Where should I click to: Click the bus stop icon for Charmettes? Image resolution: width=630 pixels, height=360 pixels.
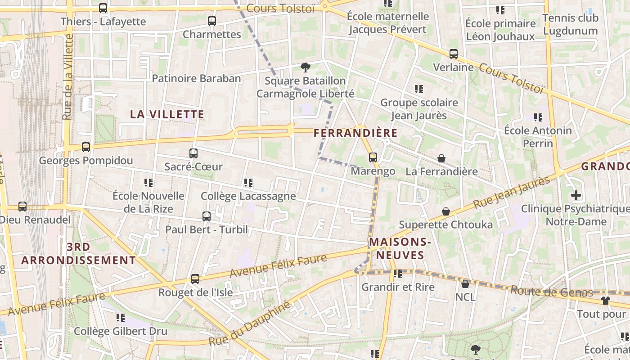211,21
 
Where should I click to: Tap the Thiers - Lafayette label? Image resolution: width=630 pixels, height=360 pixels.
103,22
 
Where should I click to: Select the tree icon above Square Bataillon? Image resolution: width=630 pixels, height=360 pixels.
306,68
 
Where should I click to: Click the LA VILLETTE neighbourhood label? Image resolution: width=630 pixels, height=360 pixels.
167,114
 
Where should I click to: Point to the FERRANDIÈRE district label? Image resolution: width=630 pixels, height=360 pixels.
355,133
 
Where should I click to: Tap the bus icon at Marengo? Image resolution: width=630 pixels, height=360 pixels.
373,157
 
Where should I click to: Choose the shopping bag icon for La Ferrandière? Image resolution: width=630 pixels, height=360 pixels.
441,159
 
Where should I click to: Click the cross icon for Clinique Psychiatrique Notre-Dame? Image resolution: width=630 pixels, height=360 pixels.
576,196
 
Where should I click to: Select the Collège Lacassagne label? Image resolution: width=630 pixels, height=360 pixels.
248,196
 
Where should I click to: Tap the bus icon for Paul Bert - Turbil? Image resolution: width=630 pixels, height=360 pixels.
207,216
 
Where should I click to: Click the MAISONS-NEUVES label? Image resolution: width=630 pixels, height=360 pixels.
400,248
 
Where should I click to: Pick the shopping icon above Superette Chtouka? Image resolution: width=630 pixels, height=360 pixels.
445,211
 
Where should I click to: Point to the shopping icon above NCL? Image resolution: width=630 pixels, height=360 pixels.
465,284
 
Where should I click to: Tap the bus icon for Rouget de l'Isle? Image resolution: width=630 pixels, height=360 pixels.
195,279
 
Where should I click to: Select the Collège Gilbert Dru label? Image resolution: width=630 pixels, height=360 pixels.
121,331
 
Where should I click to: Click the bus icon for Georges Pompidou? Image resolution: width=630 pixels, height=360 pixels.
85,147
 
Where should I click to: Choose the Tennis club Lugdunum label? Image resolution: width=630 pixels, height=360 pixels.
570,24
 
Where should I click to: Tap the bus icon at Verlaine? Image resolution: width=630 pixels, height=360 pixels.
453,54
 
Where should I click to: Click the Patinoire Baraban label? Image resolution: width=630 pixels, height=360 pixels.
196,78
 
